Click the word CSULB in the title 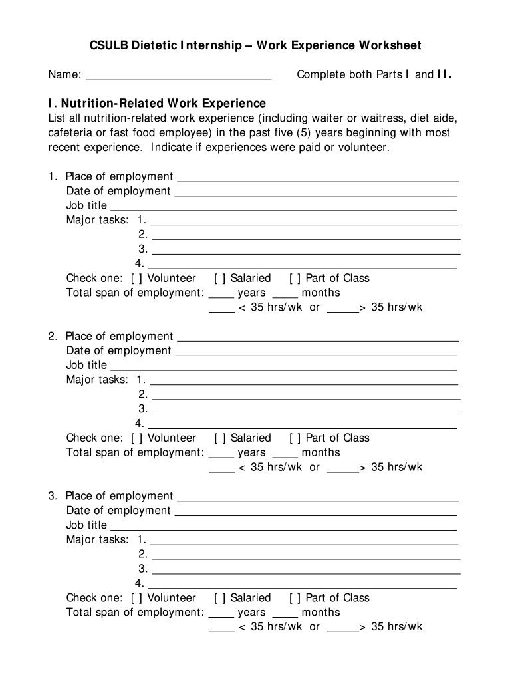[x=109, y=45]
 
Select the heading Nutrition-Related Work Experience [x=162, y=103]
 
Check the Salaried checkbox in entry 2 [x=219, y=438]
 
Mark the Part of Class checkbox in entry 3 [x=295, y=597]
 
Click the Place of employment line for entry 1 [x=317, y=178]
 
